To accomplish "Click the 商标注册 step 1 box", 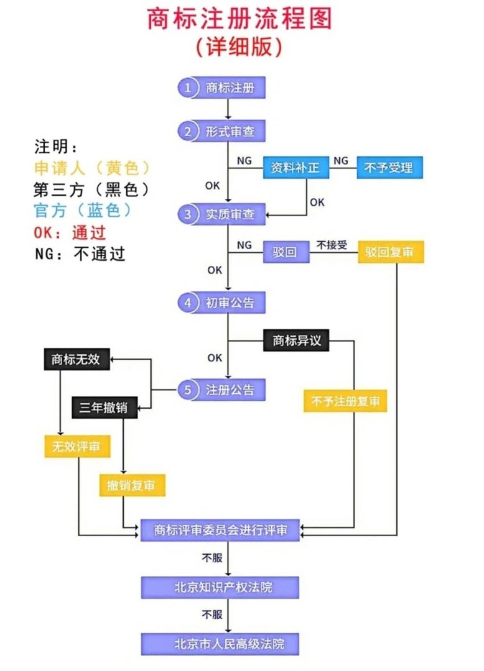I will pos(222,88).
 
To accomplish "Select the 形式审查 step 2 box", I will pos(222,132).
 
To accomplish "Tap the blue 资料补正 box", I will pos(296,168).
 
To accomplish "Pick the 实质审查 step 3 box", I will pos(222,214).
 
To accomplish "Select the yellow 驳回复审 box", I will pos(391,252).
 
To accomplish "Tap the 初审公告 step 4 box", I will pos(222,303).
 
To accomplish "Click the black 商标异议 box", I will pos(296,340).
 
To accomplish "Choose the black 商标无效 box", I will pos(77,360).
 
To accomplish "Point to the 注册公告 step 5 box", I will pos(222,390).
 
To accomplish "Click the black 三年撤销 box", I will pos(104,408).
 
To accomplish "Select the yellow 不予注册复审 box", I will pos(345,401).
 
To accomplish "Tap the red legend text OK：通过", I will pos(70,233).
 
